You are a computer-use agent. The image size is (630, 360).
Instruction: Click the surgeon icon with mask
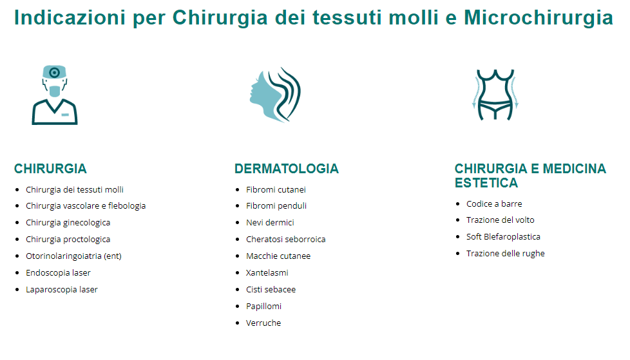pyautogui.click(x=55, y=95)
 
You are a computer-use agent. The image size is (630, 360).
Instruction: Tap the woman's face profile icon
pyautogui.click(x=275, y=95)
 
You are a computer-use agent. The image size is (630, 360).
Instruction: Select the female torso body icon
pyautogui.click(x=495, y=95)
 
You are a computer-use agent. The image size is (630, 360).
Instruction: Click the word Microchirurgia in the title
pyautogui.click(x=539, y=17)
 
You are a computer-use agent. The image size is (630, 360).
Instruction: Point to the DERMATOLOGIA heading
pyautogui.click(x=287, y=169)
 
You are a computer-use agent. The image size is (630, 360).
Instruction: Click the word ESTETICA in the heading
pyautogui.click(x=486, y=183)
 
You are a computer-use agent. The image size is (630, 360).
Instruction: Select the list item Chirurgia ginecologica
pyautogui.click(x=68, y=223)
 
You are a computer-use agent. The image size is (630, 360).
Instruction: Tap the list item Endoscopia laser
pyautogui.click(x=58, y=273)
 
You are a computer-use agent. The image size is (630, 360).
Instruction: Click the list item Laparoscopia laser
pyautogui.click(x=61, y=289)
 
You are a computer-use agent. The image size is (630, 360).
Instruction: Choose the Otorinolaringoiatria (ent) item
pyautogui.click(x=73, y=256)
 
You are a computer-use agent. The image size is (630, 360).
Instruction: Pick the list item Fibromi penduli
pyautogui.click(x=276, y=205)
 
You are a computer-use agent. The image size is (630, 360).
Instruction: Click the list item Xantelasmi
pyautogui.click(x=267, y=273)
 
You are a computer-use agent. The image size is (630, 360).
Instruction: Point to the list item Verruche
pyautogui.click(x=263, y=323)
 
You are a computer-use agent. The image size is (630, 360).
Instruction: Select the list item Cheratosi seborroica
pyautogui.click(x=285, y=239)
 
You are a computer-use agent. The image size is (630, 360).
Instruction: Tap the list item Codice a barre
pyautogui.click(x=494, y=204)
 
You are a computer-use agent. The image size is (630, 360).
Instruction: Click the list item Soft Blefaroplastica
pyautogui.click(x=503, y=236)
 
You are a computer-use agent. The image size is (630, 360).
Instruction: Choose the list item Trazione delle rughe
pyautogui.click(x=506, y=254)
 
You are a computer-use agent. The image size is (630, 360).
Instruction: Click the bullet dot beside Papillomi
pyautogui.click(x=238, y=307)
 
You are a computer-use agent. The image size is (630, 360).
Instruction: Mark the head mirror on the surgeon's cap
pyautogui.click(x=54, y=73)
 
